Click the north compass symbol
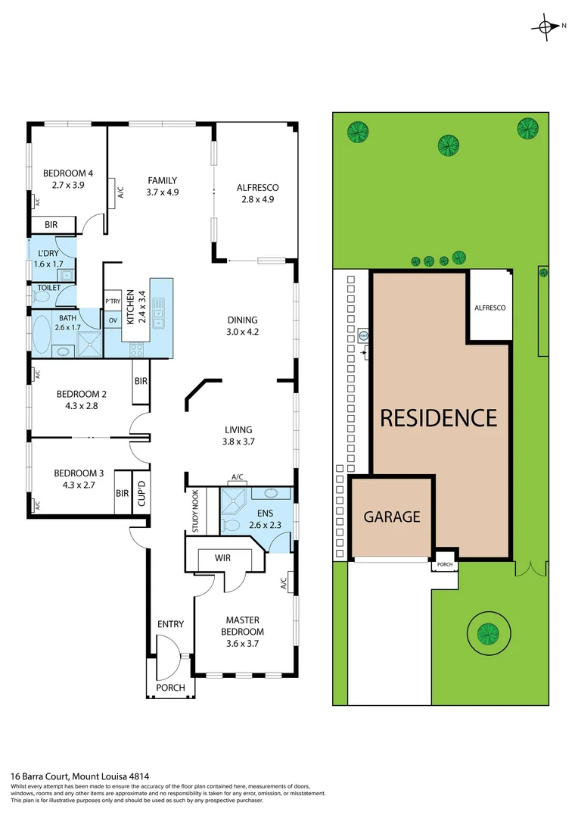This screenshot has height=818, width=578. click(x=546, y=27)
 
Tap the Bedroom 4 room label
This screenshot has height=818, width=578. click(x=67, y=178)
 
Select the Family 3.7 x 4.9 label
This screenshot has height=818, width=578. click(x=162, y=186)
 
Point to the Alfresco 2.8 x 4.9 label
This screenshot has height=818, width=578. click(x=258, y=193)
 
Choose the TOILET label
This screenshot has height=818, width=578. click(x=45, y=288)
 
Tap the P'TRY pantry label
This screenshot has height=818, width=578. click(x=113, y=301)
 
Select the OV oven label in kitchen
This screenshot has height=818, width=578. click(x=113, y=320)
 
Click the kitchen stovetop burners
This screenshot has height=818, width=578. click(x=138, y=350)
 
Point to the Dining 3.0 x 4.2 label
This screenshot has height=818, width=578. click(x=242, y=326)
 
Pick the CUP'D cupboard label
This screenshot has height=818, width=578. click(x=140, y=492)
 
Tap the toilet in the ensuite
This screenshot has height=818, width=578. click(x=232, y=524)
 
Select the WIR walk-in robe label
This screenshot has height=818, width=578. click(x=222, y=557)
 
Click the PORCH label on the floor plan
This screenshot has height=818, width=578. click(x=170, y=688)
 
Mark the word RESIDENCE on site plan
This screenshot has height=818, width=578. click(x=438, y=418)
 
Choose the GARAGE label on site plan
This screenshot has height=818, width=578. click(x=391, y=517)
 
